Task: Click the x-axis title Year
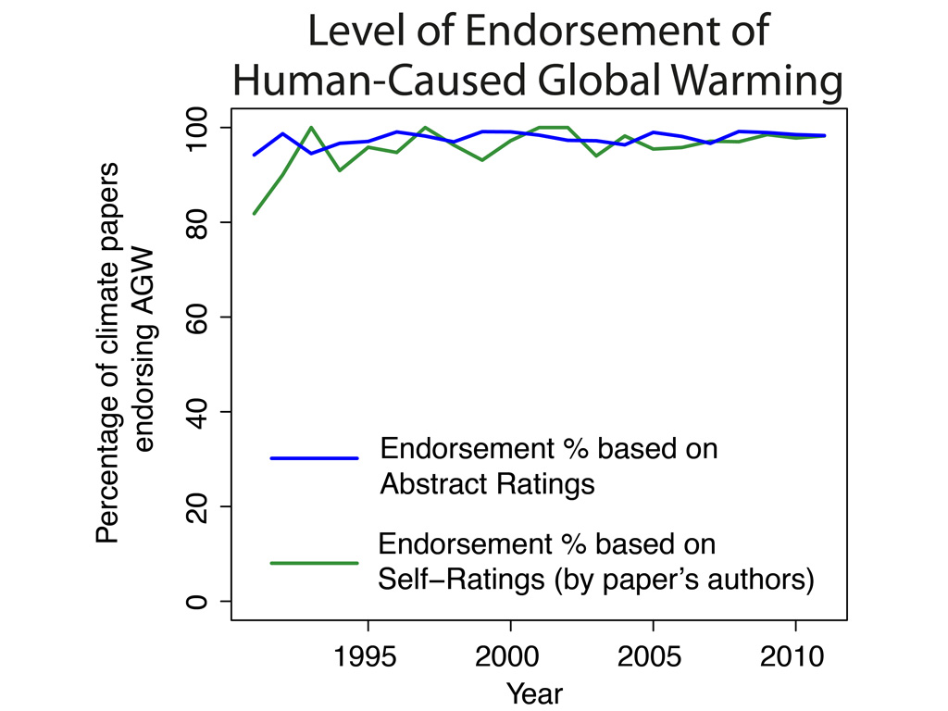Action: pyautogui.click(x=535, y=692)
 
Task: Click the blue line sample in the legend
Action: pyautogui.click(x=314, y=457)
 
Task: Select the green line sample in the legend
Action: pyautogui.click(x=314, y=563)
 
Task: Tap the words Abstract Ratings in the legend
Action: pyautogui.click(x=487, y=484)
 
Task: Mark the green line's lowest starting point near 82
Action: pyautogui.click(x=255, y=214)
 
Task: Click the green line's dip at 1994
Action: pyautogui.click(x=340, y=170)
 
